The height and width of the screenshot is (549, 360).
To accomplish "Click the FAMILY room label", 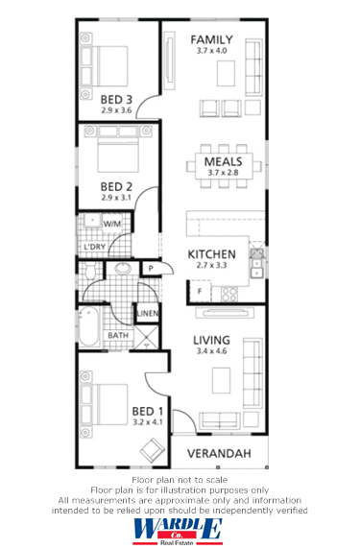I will pos(212,39).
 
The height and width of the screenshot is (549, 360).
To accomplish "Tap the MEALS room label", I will pos(223,162).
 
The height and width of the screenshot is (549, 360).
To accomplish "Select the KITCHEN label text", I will pos(212,253).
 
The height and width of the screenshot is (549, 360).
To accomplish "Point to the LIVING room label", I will pos(213,340).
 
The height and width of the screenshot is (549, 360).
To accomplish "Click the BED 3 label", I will pos(116,98).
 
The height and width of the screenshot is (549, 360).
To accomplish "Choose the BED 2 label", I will pos(116,186).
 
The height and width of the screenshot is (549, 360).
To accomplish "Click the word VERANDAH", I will pos(220,452).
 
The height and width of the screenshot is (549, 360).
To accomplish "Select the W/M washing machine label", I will pos(112,223).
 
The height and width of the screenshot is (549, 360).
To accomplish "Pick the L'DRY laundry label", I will pos(95,247).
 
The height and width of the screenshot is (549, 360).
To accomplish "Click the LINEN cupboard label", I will pos(147,314).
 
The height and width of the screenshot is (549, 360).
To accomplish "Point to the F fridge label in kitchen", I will pos(199,290).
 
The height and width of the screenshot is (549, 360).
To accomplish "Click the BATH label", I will pos(118,335).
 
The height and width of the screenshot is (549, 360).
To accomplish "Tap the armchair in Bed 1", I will pos(152,447).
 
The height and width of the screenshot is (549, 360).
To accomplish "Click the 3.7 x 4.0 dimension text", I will pos(212,51).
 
